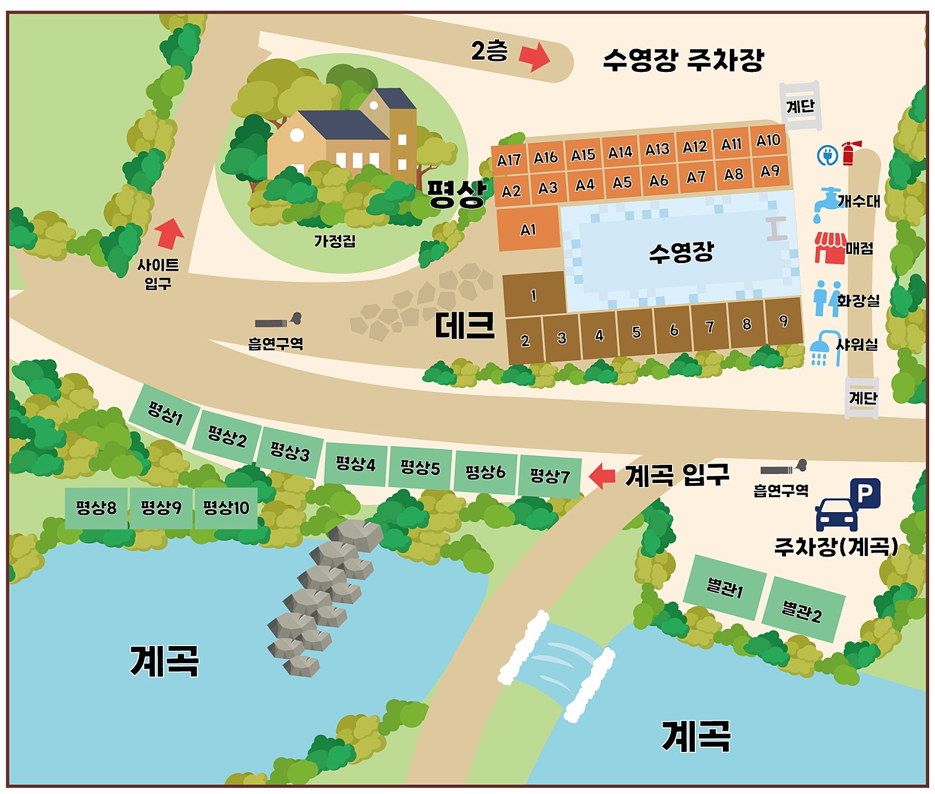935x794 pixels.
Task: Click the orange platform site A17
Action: point(509,160)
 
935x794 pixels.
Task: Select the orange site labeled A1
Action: point(528,229)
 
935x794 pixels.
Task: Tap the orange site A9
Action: point(770,171)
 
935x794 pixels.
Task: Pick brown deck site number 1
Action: point(534,294)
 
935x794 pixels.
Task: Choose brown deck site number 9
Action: point(784,321)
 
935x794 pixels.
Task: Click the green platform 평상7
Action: point(549,475)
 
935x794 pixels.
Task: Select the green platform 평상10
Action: point(226,508)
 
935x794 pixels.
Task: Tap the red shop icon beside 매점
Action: point(830,247)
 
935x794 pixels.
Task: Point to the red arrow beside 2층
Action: point(534,57)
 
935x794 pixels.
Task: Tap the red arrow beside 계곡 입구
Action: point(602,475)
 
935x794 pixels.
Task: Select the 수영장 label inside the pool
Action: point(681,252)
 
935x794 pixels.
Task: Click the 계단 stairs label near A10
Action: point(800,106)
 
